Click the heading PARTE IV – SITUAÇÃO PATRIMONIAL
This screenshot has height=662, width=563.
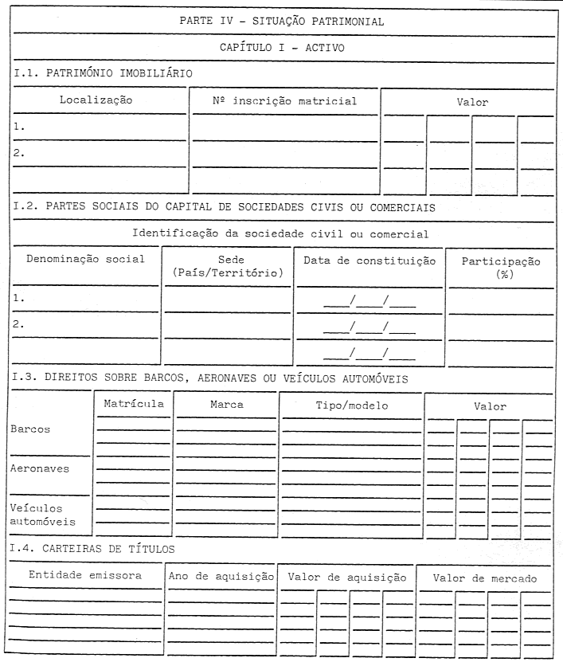click(x=282, y=22)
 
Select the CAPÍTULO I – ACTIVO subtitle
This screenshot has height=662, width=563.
click(x=282, y=48)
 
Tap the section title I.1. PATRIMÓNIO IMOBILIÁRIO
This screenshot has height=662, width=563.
click(x=104, y=73)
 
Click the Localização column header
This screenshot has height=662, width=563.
click(x=96, y=100)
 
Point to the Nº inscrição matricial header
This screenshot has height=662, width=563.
click(x=284, y=101)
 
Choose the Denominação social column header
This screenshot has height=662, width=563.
click(x=85, y=259)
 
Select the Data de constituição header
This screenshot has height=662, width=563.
click(x=369, y=260)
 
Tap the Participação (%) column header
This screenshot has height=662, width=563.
click(x=502, y=267)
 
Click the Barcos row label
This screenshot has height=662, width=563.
click(x=31, y=429)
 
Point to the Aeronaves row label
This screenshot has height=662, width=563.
click(x=40, y=468)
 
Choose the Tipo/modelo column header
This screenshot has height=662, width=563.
click(x=351, y=405)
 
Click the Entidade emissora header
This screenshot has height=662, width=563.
click(x=85, y=574)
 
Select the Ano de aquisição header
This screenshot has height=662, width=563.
click(x=221, y=576)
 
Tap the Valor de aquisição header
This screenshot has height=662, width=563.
click(x=347, y=576)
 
